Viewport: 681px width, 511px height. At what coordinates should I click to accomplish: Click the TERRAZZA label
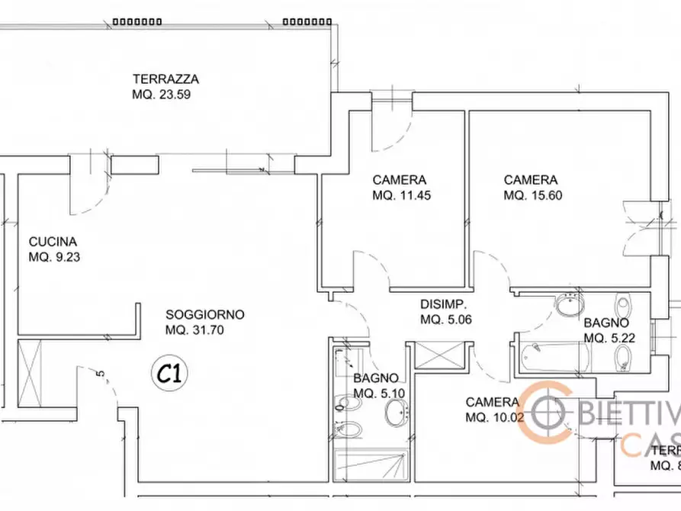pos(165,79)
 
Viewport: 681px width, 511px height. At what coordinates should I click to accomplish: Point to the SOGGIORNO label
pos(205,314)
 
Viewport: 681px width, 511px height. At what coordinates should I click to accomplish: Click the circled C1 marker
pos(172,374)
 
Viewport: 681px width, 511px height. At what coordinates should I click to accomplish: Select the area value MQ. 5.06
pos(446,320)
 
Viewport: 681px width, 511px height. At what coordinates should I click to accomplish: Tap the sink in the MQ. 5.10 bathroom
pos(397,415)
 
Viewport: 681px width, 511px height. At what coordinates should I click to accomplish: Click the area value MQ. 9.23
pos(54,257)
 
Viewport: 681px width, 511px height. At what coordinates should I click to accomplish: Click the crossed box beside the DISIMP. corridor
pos(438,357)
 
